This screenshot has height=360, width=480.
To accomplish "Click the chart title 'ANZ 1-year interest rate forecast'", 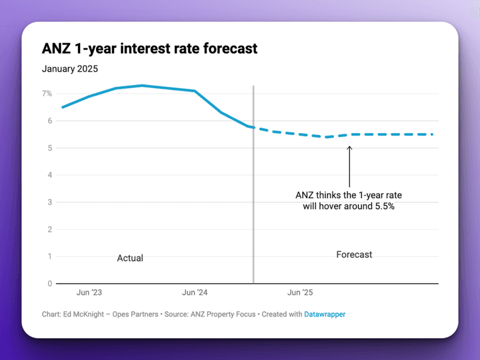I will tap(149, 49).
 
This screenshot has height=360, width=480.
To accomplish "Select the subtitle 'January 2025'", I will tap(70, 68).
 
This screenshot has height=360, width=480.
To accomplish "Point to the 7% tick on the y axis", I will tap(47, 93).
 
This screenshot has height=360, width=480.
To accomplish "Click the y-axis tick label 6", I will tap(49, 121).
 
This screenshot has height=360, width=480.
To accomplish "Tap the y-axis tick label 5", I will tap(49, 148).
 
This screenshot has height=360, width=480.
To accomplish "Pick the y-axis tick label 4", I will tap(49, 175).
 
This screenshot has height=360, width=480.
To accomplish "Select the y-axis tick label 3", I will tap(49, 202).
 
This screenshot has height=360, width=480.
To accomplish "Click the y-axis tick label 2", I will tap(49, 230).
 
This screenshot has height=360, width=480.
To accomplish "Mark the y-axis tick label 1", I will tap(49, 256).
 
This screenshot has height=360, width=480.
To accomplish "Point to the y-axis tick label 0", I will tap(49, 283).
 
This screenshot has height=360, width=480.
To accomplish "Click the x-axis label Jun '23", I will tap(89, 293).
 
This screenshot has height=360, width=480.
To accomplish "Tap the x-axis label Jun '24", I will tap(195, 293).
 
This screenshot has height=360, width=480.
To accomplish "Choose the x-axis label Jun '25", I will tap(300, 293).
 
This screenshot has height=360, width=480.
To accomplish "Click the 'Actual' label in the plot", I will tap(130, 258).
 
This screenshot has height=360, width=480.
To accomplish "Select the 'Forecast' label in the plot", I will tap(354, 254).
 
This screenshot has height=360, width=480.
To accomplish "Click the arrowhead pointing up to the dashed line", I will tap(349, 148).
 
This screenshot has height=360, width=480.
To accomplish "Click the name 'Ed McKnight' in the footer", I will tap(86, 314).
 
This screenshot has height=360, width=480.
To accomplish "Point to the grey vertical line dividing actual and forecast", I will tap(253, 192).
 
